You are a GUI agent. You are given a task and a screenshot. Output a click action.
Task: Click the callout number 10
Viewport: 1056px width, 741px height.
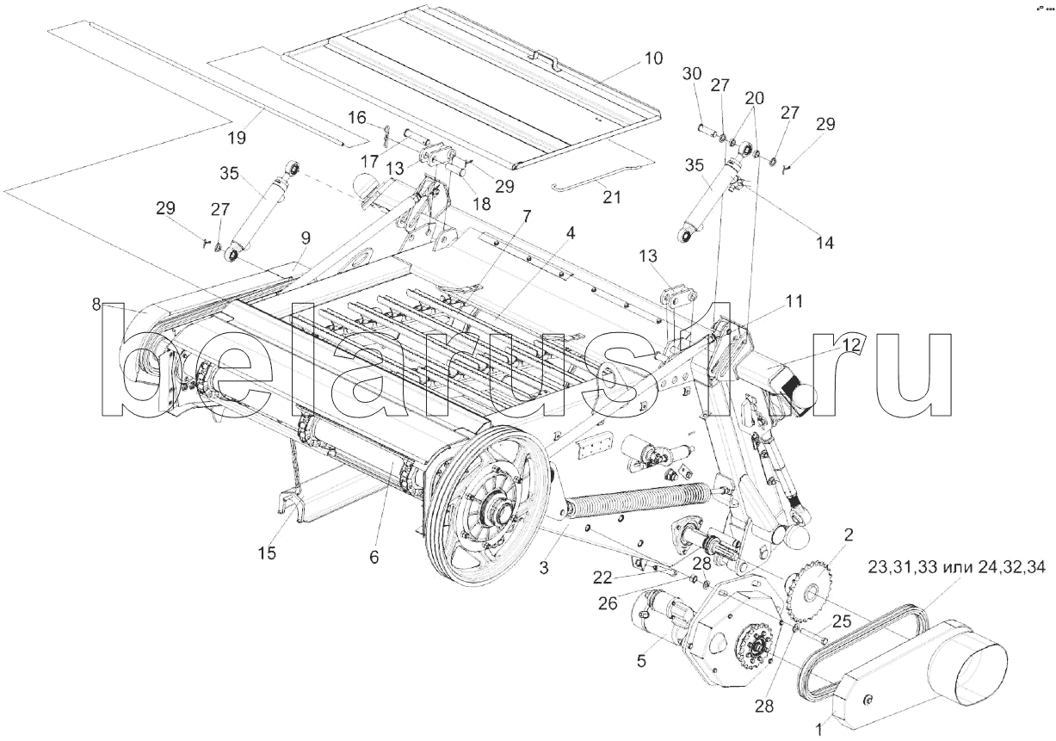tap(652, 59)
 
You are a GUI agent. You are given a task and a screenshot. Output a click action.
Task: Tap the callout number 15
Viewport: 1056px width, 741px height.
tap(267, 553)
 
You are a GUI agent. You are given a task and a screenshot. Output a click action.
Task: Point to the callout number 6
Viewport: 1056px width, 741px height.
tap(374, 557)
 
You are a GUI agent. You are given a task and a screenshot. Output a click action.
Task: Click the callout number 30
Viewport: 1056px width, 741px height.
tap(692, 75)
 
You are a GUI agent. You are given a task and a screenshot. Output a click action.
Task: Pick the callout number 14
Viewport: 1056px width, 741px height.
tap(824, 243)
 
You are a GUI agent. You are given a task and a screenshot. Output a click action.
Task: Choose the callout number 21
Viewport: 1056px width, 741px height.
tap(612, 196)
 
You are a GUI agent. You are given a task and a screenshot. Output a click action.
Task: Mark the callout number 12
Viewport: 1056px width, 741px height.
tap(850, 346)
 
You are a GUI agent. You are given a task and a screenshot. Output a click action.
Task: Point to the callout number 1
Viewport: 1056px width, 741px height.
tap(818, 728)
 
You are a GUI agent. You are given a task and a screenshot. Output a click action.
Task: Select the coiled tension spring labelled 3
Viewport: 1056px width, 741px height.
tap(637, 498)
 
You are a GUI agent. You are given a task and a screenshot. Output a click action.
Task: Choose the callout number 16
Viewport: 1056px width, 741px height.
tap(356, 117)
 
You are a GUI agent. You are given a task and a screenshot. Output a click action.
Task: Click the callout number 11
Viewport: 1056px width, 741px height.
tap(793, 301)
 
